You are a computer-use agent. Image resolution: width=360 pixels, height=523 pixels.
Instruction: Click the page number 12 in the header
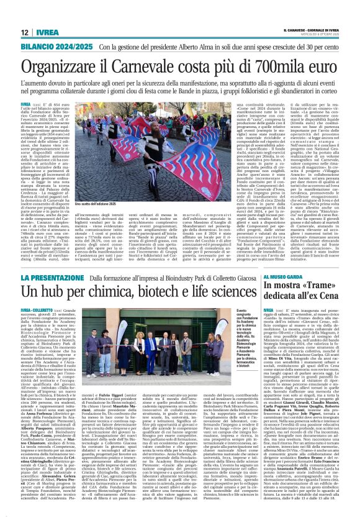click(x=25, y=32)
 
